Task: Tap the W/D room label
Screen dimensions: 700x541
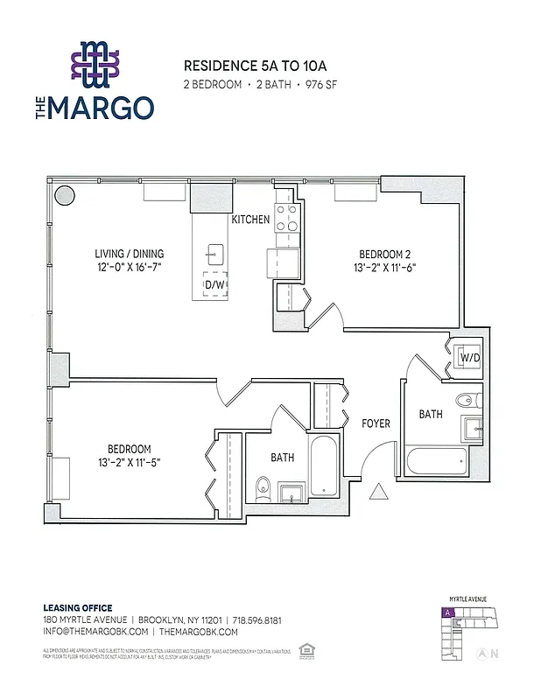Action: click(469, 357)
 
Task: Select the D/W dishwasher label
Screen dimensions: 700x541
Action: click(214, 284)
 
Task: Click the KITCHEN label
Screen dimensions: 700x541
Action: click(250, 220)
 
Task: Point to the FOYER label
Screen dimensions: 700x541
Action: click(376, 423)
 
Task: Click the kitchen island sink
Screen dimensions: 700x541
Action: click(212, 254)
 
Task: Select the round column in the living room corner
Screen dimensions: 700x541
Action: click(64, 194)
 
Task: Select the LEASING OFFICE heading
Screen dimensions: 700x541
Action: click(78, 608)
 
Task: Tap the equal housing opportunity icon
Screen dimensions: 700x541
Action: click(306, 649)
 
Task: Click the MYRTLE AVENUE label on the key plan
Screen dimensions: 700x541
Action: click(468, 598)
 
